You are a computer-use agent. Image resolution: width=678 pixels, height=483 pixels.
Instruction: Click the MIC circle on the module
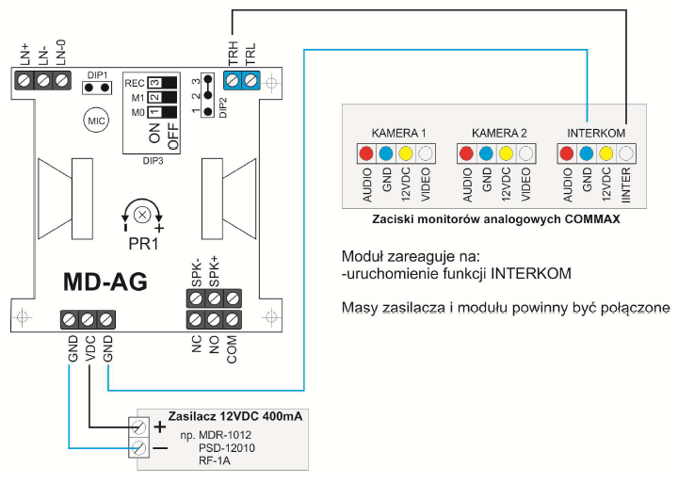click(x=96, y=121)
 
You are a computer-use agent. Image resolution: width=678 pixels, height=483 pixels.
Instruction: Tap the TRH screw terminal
click(x=233, y=80)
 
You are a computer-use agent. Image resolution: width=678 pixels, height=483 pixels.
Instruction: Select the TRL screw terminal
click(x=250, y=80)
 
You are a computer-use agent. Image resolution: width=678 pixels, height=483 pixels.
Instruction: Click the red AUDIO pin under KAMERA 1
click(x=366, y=153)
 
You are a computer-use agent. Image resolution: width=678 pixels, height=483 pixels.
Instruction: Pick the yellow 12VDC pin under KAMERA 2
click(x=506, y=153)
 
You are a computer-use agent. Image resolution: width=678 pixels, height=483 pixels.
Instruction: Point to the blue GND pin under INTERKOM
click(x=587, y=153)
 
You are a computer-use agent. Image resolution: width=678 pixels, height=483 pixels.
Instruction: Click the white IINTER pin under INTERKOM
click(x=625, y=153)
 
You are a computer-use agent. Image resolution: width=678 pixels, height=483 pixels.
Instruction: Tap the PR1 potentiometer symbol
click(x=142, y=215)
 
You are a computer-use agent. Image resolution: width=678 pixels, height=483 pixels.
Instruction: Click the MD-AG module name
click(x=105, y=282)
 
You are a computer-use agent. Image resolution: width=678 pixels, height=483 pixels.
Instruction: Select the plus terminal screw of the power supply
click(x=139, y=427)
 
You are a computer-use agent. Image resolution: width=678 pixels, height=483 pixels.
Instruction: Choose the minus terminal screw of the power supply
click(x=139, y=447)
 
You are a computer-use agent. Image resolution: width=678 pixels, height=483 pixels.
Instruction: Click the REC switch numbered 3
click(x=162, y=83)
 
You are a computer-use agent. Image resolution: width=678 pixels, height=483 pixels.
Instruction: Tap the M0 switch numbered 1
click(x=162, y=112)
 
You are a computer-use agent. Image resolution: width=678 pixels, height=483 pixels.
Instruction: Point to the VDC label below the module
click(x=90, y=348)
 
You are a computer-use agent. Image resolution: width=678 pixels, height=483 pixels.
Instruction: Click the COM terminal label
click(x=232, y=349)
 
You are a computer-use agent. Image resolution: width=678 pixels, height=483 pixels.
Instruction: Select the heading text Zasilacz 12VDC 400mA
click(x=235, y=416)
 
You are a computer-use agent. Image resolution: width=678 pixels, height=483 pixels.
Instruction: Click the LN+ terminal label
click(x=24, y=54)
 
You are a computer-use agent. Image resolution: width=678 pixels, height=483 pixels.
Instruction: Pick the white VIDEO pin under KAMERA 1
click(x=426, y=153)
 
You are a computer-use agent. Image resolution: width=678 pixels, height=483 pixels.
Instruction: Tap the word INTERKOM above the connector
click(x=596, y=133)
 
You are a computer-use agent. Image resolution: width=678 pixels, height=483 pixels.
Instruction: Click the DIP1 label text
click(x=97, y=75)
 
